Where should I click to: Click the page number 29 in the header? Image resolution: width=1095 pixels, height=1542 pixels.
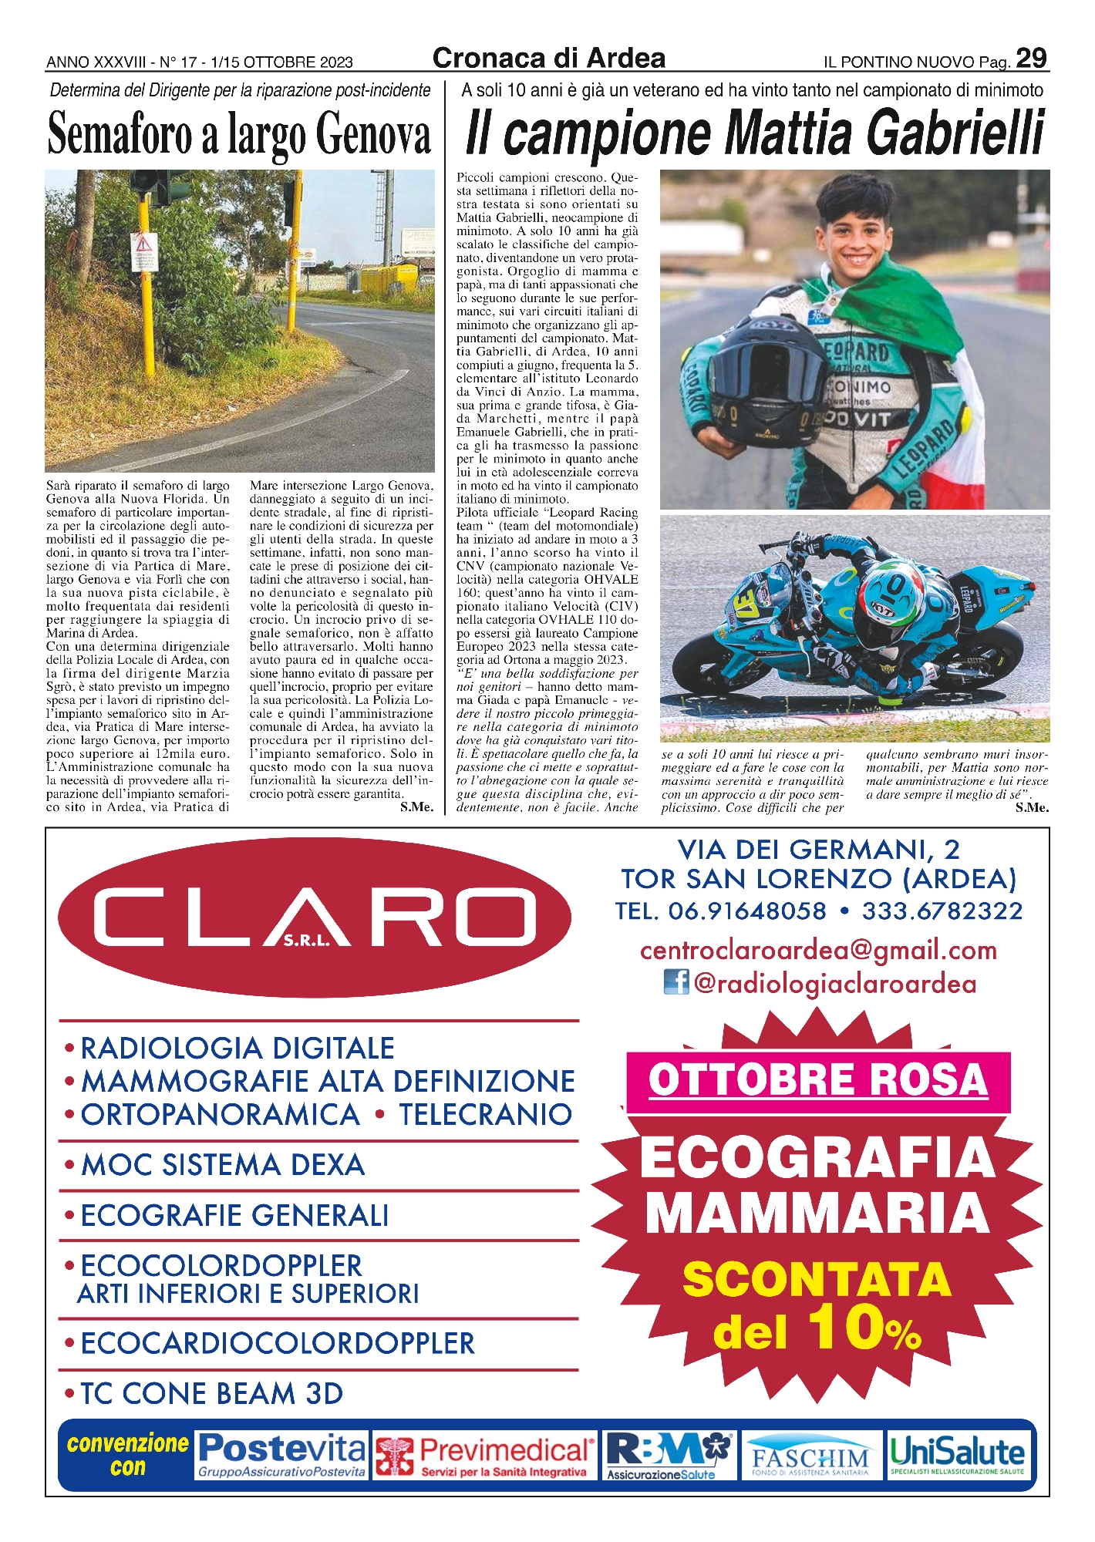[1031, 59]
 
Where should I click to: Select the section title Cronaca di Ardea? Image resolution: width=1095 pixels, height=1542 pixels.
[548, 59]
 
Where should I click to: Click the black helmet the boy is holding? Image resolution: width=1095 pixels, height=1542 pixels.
[763, 382]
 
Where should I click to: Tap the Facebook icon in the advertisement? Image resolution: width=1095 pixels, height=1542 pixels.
[676, 982]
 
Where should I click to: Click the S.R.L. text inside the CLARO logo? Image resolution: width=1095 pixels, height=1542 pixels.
[306, 941]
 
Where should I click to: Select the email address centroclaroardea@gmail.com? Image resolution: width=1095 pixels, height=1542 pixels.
[818, 950]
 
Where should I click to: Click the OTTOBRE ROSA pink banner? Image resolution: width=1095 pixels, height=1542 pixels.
[817, 1080]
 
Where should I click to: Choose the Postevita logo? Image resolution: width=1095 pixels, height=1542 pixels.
[281, 1455]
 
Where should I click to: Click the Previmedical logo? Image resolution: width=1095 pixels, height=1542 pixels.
[486, 1456]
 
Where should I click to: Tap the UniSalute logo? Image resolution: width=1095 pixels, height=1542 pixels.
[958, 1455]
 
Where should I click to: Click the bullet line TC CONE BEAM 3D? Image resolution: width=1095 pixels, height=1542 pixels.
[211, 1393]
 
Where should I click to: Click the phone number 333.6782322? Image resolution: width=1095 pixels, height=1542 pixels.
[942, 911]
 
